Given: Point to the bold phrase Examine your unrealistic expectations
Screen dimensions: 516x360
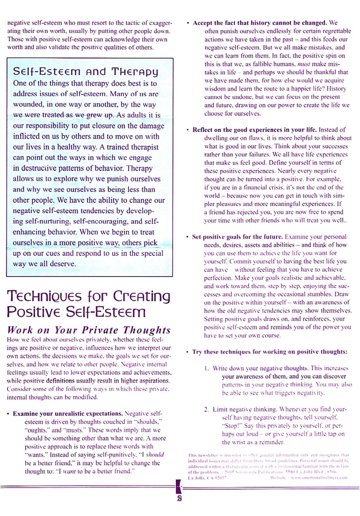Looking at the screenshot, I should (68, 414).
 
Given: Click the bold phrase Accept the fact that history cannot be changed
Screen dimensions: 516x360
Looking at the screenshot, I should (260, 22).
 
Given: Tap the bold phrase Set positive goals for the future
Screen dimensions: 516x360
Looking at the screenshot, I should (239, 237).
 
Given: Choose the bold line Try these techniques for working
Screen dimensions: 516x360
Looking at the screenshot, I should (270, 352).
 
